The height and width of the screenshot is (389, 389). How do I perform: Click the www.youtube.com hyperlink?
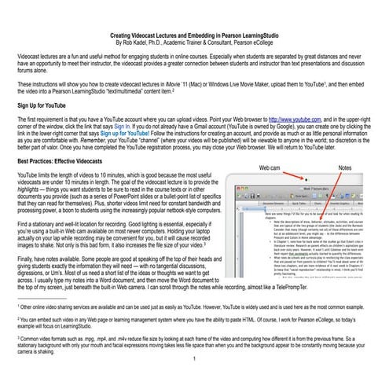pyautogui.click(x=293, y=117)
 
